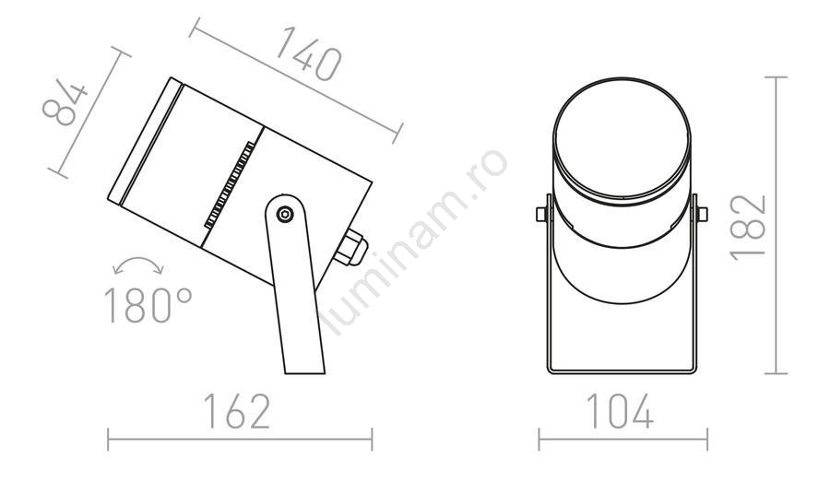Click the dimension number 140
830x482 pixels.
pos(309,53)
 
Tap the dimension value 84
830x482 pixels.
pos(65,104)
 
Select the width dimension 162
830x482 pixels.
pos(237,411)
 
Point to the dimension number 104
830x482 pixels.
pos(620,411)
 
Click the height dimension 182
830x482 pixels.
pos(748,228)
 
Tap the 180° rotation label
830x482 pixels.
pos(148,305)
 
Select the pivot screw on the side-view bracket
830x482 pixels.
pos(285,215)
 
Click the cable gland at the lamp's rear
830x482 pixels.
pos(351,248)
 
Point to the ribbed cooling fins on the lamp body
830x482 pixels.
pos(229,184)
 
